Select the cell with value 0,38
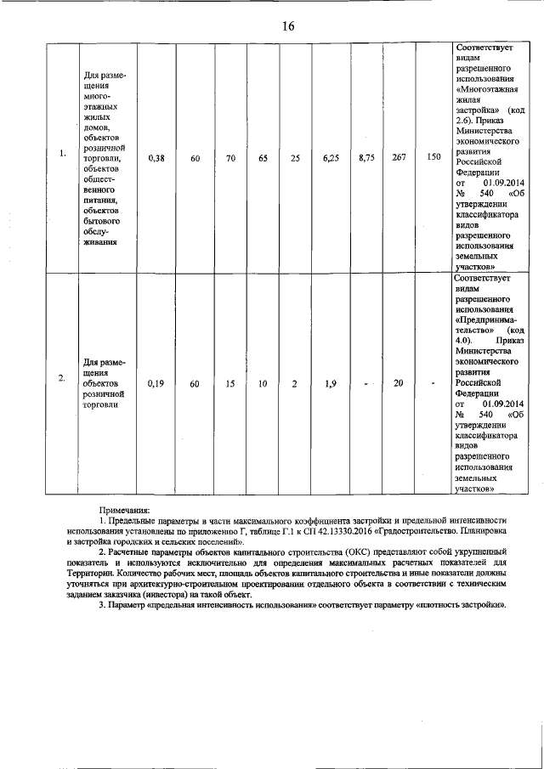(x=156, y=158)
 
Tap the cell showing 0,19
(x=156, y=384)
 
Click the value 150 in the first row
(x=433, y=158)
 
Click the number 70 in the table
(x=229, y=158)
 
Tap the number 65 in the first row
(x=263, y=158)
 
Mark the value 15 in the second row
(x=229, y=384)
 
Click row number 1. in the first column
(x=62, y=154)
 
